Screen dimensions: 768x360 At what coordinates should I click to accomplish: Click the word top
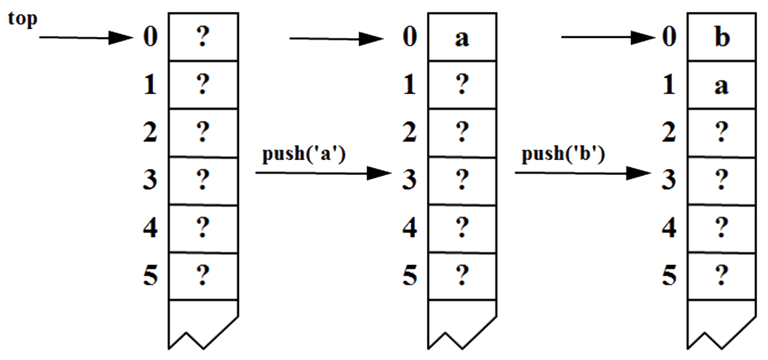click(x=23, y=19)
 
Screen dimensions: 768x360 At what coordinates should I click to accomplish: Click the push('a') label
click(x=304, y=154)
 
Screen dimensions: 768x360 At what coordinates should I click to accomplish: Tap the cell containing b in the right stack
click(x=722, y=37)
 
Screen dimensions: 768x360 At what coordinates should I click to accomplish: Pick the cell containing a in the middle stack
click(x=462, y=37)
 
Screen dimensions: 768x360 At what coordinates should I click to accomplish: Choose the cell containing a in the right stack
click(x=722, y=85)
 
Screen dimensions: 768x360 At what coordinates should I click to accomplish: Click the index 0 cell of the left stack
click(x=202, y=37)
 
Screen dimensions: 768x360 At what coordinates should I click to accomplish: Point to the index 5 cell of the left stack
click(x=202, y=276)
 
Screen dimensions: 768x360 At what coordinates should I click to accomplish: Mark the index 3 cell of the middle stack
click(x=462, y=180)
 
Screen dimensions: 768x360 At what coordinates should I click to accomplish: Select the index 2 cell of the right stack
click(x=722, y=132)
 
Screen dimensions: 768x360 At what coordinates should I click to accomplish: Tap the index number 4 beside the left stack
click(x=150, y=228)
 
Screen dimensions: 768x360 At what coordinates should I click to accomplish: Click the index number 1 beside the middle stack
click(x=410, y=86)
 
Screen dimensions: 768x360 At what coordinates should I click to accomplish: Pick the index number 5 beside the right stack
click(x=670, y=276)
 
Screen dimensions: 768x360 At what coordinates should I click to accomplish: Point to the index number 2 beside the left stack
click(x=150, y=133)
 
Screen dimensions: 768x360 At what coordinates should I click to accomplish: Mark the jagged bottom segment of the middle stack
click(x=462, y=323)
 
